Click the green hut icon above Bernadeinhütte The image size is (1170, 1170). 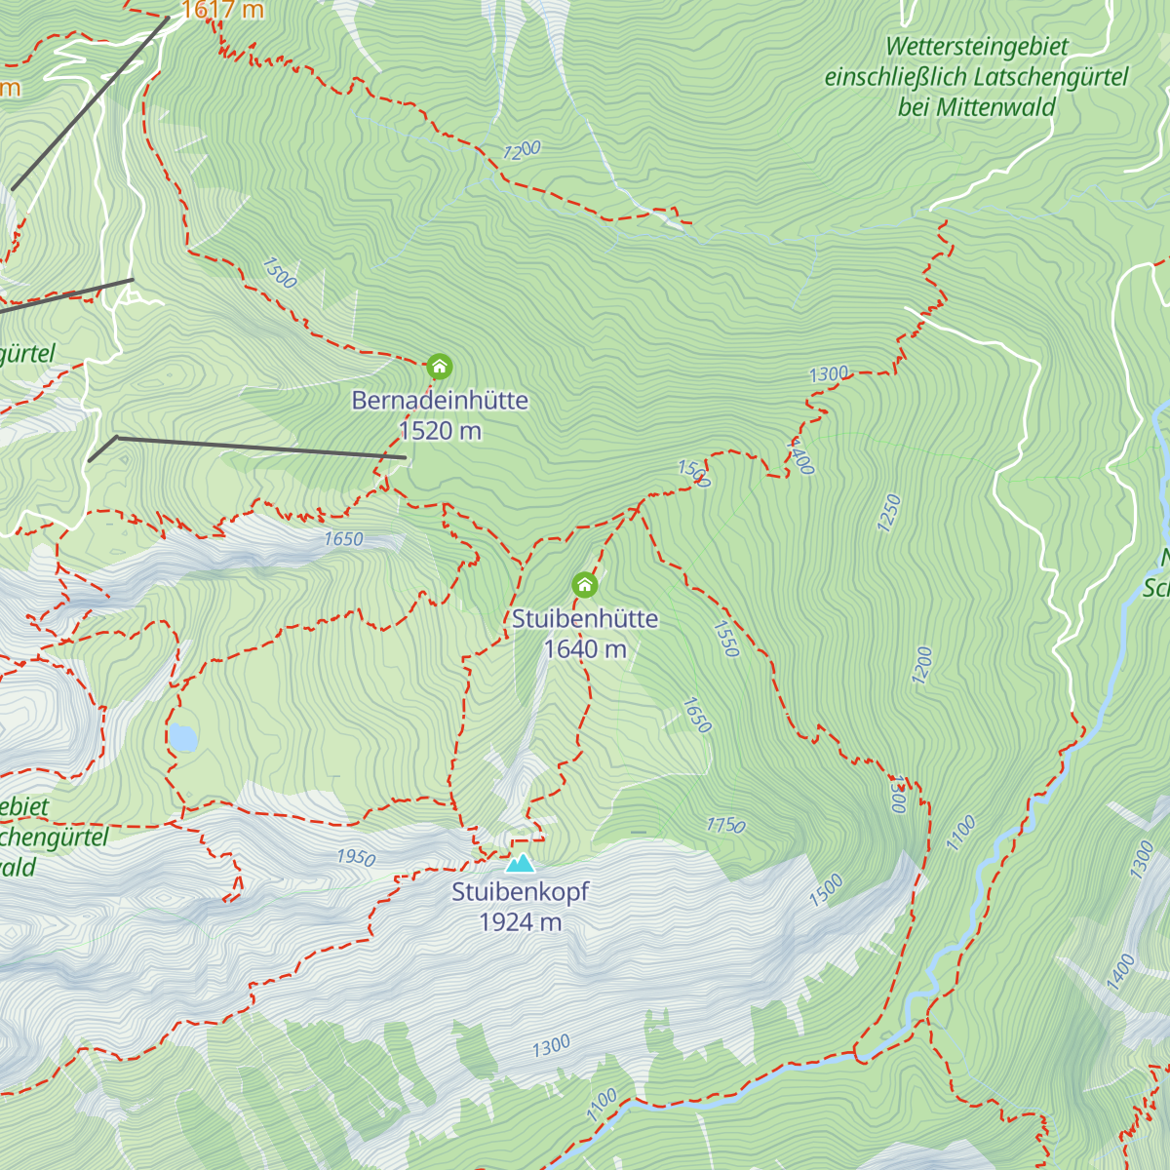pyautogui.click(x=440, y=367)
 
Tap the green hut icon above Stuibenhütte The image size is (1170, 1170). pyautogui.click(x=584, y=585)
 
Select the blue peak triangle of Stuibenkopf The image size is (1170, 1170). pyautogui.click(x=521, y=863)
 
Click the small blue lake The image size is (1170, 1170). pyautogui.click(x=181, y=738)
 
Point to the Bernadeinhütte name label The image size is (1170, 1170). pyautogui.click(x=440, y=400)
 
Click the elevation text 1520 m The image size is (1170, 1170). pyautogui.click(x=440, y=431)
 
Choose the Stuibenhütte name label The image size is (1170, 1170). pyautogui.click(x=585, y=618)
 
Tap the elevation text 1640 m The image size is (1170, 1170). pyautogui.click(x=585, y=649)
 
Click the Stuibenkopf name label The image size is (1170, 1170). pyautogui.click(x=521, y=891)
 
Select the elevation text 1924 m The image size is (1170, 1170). pyautogui.click(x=521, y=922)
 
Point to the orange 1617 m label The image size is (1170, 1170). pyautogui.click(x=222, y=11)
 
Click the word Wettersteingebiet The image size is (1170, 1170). pyautogui.click(x=977, y=47)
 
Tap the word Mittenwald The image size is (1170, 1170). pyautogui.click(x=994, y=107)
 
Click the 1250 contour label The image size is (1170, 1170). pyautogui.click(x=889, y=513)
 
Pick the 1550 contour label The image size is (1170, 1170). pyautogui.click(x=726, y=640)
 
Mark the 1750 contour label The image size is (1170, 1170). pyautogui.click(x=725, y=826)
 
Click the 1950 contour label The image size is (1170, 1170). pyautogui.click(x=356, y=857)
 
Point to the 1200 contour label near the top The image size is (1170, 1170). pyautogui.click(x=522, y=150)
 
